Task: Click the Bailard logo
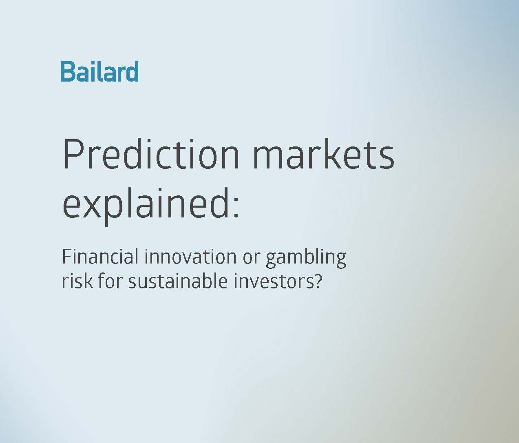(x=99, y=71)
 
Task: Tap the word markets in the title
(x=323, y=154)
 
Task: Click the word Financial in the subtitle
(x=100, y=257)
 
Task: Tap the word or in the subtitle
(x=251, y=259)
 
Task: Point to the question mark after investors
(x=317, y=280)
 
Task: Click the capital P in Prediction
(x=73, y=154)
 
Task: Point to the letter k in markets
(x=336, y=153)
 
